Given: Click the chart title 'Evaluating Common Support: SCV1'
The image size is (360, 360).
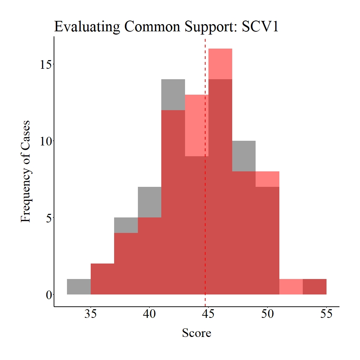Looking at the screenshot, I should pyautogui.click(x=166, y=27).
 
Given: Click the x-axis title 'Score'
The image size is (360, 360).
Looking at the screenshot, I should pyautogui.click(x=196, y=333).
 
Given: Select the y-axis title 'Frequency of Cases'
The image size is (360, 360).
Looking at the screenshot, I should pyautogui.click(x=26, y=171).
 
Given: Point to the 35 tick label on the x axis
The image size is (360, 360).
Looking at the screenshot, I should pyautogui.click(x=91, y=314).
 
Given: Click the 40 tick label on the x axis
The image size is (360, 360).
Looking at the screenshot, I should pyautogui.click(x=149, y=314).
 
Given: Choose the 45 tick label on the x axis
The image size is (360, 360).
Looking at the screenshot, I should pyautogui.click(x=208, y=314).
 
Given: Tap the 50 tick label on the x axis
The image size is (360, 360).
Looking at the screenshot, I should pyautogui.click(x=267, y=314).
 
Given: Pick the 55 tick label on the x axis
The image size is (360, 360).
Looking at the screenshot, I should pyautogui.click(x=326, y=314).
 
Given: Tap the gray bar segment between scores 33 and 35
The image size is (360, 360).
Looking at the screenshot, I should pyautogui.click(x=79, y=287).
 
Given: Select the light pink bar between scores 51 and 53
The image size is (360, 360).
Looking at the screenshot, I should pyautogui.click(x=291, y=287).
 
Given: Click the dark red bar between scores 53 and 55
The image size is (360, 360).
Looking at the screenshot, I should pyautogui.click(x=315, y=287).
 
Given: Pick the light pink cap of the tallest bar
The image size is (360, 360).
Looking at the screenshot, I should pyautogui.click(x=220, y=64).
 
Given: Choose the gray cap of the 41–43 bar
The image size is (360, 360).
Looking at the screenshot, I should pyautogui.click(x=173, y=95).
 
